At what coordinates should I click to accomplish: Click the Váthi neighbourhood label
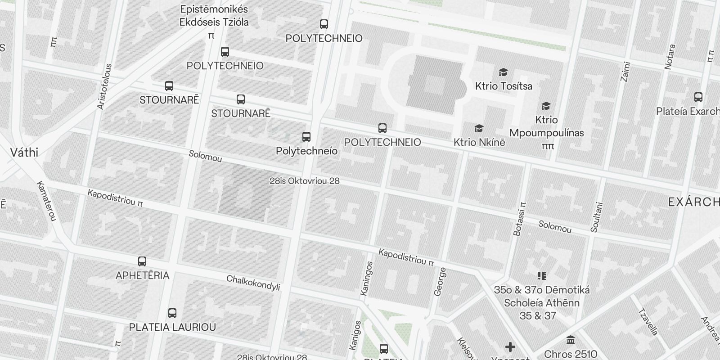click(24, 153)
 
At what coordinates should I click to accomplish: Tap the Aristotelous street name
click(104, 86)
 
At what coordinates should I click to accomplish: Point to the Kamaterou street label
click(46, 201)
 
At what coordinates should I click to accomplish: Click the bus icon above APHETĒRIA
click(142, 261)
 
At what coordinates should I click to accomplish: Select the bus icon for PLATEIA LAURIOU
click(172, 313)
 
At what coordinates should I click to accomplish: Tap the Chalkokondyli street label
click(253, 283)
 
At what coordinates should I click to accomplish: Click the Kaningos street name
click(367, 278)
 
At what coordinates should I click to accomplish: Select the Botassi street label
click(519, 218)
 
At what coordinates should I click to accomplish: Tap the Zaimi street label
click(625, 71)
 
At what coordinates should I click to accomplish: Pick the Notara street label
click(670, 57)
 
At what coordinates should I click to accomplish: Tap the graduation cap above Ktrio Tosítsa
click(503, 72)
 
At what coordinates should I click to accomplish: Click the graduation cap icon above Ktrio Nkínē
click(479, 129)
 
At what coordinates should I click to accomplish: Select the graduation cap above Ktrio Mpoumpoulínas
click(546, 106)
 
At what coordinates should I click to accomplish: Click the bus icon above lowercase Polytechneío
click(306, 136)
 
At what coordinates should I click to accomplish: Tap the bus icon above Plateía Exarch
click(698, 97)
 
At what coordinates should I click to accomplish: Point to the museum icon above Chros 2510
click(571, 340)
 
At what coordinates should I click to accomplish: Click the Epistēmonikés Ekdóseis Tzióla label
click(214, 16)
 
